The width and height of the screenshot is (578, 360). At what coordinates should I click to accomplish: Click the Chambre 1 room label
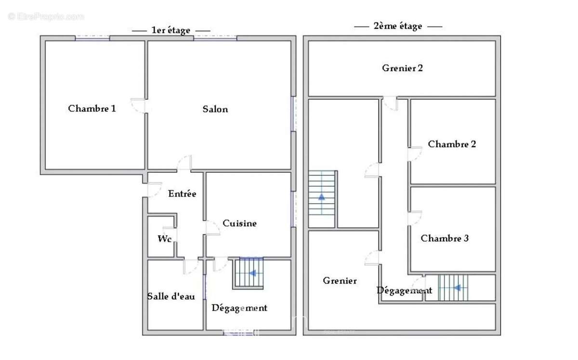[x=92, y=109]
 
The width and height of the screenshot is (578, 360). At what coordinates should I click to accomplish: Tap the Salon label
[x=215, y=109]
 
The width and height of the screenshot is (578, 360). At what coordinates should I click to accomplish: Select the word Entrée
[x=182, y=194]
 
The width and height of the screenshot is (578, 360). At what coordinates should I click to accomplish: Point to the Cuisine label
[x=239, y=223]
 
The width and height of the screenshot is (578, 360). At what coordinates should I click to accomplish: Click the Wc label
[x=165, y=239]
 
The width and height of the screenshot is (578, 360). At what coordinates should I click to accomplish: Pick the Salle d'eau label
[x=171, y=296]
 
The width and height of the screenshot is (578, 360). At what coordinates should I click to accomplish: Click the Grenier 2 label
[x=402, y=68]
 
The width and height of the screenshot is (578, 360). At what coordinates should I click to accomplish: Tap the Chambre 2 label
[x=452, y=144]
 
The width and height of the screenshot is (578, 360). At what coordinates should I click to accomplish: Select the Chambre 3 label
[x=445, y=238]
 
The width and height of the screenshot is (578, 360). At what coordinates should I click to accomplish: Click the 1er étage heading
[x=171, y=30]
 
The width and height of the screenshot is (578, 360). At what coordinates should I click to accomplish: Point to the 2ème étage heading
[x=398, y=26]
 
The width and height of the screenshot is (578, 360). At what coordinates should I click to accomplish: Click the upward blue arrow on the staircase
[x=321, y=196]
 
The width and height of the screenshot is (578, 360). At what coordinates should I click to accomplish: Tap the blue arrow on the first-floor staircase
[x=252, y=273]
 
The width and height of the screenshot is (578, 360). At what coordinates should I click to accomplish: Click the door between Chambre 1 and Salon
[x=139, y=105]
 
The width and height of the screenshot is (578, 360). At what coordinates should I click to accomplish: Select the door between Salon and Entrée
[x=184, y=163]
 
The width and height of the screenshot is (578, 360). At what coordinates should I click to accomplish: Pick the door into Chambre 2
[x=415, y=154]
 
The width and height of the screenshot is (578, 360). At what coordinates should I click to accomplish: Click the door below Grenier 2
[x=390, y=103]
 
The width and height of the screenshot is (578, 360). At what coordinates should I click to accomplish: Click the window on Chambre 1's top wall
[x=92, y=38]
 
